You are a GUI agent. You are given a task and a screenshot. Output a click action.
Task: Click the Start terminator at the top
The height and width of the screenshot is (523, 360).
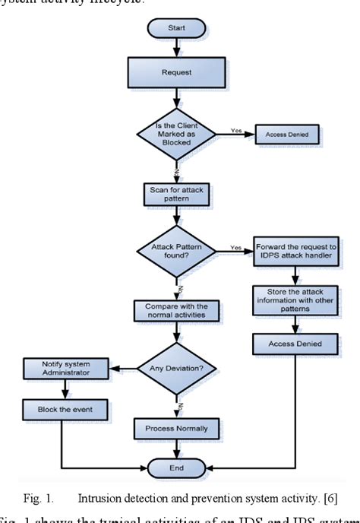(175, 29)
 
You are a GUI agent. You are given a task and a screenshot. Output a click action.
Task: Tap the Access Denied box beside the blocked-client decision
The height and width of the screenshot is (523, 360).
(286, 135)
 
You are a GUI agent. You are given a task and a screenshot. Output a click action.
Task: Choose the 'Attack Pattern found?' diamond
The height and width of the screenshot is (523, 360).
(175, 251)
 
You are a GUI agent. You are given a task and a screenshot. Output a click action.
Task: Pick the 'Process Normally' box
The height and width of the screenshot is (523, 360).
(175, 429)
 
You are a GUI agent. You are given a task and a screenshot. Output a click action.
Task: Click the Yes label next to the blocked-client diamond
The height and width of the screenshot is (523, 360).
(236, 130)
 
